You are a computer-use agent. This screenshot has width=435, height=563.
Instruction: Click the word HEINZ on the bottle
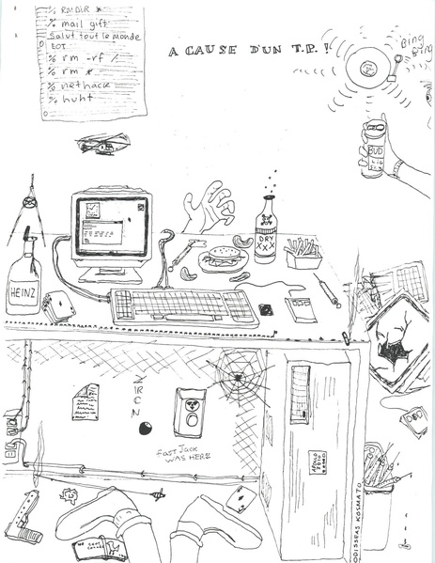tap(21, 291)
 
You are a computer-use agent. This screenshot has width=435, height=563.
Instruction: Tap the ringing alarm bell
tap(368, 65)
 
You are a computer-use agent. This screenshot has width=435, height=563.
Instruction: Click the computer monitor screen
tap(110, 225)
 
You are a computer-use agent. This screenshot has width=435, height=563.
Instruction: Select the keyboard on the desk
tap(183, 306)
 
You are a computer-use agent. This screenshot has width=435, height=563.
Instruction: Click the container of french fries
tap(303, 254)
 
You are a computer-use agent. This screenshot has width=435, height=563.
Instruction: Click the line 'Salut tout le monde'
tap(94, 35)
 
